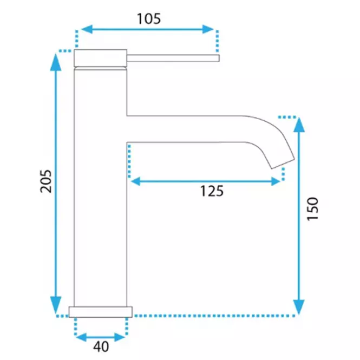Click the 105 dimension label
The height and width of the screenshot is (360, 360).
point(149,19)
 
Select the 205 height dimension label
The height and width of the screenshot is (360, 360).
point(46,181)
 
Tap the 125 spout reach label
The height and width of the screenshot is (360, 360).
point(212,191)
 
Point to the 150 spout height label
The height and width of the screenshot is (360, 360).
point(313,209)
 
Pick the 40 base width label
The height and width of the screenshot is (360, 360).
point(101,346)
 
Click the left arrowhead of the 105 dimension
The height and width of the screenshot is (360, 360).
point(87,29)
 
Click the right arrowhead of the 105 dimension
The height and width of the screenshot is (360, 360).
point(208,29)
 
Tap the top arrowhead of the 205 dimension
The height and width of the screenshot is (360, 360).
point(56,62)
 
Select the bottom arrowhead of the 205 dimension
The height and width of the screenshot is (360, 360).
point(56,305)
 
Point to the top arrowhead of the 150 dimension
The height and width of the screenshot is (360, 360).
point(299,125)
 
